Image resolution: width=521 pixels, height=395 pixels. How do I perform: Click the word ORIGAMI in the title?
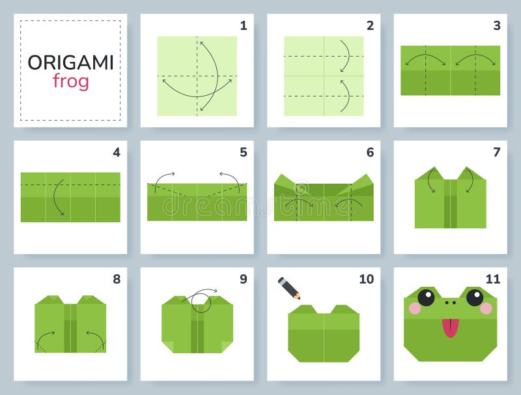click(x=70, y=63)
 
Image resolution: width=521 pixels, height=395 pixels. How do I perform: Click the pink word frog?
click(x=70, y=82)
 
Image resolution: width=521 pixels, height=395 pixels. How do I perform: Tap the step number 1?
click(x=243, y=26)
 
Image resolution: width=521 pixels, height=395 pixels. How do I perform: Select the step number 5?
click(x=243, y=153)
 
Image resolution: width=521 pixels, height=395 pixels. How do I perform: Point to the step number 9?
click(x=243, y=279)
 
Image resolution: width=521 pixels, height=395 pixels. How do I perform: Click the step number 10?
click(x=366, y=279)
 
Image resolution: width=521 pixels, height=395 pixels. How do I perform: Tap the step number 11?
click(x=492, y=279)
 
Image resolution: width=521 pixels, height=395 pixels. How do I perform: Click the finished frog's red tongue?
click(x=450, y=328)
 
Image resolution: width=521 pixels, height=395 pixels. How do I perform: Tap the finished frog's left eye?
click(x=426, y=298)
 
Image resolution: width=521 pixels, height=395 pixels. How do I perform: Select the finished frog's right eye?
click(x=475, y=298)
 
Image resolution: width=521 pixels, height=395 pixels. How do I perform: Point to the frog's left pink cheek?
click(x=414, y=308)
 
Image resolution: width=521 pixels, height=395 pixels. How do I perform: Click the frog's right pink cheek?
click(x=486, y=308)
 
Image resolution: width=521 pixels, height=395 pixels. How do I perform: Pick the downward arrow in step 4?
click(x=58, y=196)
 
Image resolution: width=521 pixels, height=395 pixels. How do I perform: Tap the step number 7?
click(x=496, y=153)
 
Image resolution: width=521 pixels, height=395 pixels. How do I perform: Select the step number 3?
click(x=496, y=26)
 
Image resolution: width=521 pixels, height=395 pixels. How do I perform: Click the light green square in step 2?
click(x=324, y=76)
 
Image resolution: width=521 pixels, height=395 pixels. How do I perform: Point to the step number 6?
click(x=370, y=153)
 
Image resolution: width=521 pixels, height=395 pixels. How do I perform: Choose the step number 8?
click(x=117, y=279)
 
